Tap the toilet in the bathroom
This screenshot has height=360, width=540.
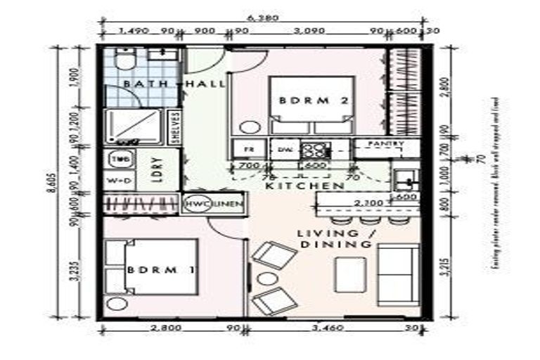123,61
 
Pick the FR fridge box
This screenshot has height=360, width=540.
248,149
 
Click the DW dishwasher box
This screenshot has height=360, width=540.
284,149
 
